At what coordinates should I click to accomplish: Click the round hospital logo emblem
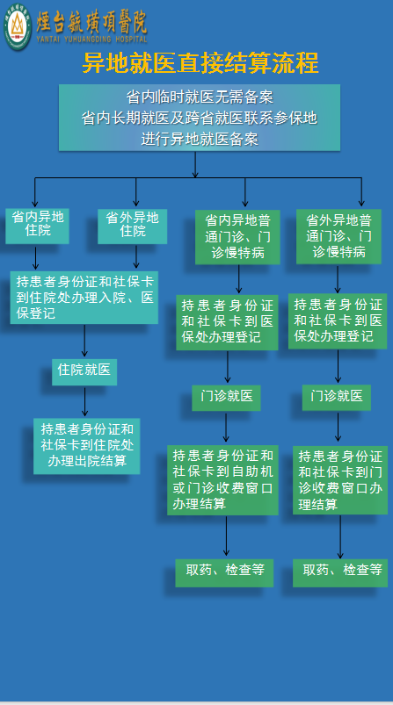coord(17,25)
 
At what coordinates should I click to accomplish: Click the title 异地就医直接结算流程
coord(200,63)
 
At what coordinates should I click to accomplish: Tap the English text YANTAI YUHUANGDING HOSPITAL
coord(91,40)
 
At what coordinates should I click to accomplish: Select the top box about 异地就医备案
coord(200,118)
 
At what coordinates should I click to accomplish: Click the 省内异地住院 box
coord(37,226)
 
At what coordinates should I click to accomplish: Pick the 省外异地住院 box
coord(133,227)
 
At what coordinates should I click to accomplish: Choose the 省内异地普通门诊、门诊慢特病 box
coord(237,236)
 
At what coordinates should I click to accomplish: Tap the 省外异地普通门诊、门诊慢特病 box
coord(338,236)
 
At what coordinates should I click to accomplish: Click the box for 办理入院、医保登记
coord(84,298)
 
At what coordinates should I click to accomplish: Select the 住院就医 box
coord(84,372)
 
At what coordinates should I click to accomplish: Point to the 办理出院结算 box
coord(86,446)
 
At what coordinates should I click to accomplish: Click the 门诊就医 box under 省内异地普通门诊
coord(226,398)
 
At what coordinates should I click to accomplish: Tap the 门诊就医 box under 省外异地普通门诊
coord(336,397)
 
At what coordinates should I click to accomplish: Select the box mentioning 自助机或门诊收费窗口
coord(222,479)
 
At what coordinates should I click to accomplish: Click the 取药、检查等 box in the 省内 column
coord(224,572)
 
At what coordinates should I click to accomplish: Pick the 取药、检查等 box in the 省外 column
coord(340,572)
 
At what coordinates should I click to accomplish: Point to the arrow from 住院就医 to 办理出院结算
coord(84,401)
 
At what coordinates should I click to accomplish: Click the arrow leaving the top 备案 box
coord(195,164)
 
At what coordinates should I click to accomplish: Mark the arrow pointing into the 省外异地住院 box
coord(136,192)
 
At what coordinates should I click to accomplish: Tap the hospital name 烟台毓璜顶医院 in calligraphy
coord(91,21)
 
